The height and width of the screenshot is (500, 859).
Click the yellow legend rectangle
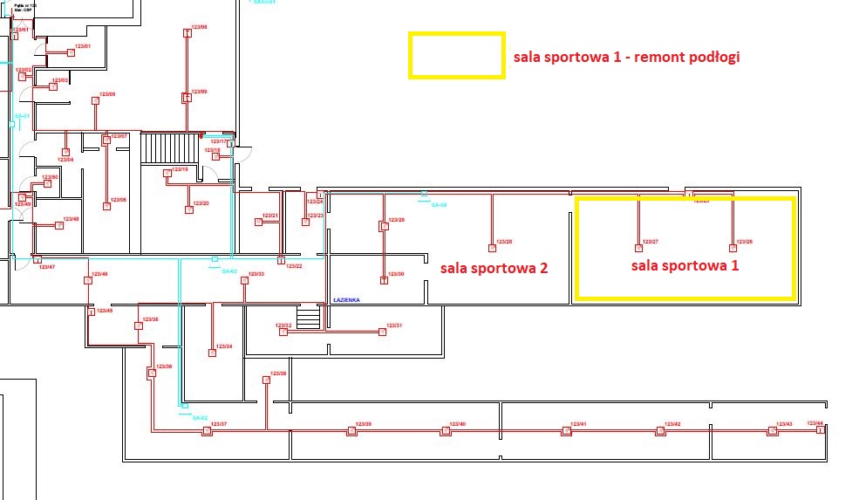pos(456,56)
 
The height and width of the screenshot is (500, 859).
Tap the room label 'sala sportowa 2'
pos(494,268)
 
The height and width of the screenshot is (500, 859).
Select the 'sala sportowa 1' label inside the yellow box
pos(685,265)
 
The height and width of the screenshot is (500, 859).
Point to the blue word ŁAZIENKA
pos(346,299)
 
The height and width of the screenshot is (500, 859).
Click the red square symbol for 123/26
pos(733,248)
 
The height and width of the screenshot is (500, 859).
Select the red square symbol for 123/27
pos(637,248)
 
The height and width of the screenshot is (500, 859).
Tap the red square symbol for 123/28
pos(492,248)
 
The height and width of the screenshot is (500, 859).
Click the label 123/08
pos(199,28)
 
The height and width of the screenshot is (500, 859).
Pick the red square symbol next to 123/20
pos(188,209)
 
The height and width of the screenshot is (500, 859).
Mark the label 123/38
pos(278,373)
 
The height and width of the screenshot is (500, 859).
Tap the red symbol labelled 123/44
pos(820,429)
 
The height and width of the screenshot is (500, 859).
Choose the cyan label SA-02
pos(200,418)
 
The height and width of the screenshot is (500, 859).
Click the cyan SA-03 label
pos(229,271)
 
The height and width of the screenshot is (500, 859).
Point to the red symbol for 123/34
pos(212,353)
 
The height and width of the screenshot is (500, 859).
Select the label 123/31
pos(394,325)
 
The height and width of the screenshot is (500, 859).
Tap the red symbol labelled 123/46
pos(88,280)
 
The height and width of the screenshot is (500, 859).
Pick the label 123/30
pos(397,274)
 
